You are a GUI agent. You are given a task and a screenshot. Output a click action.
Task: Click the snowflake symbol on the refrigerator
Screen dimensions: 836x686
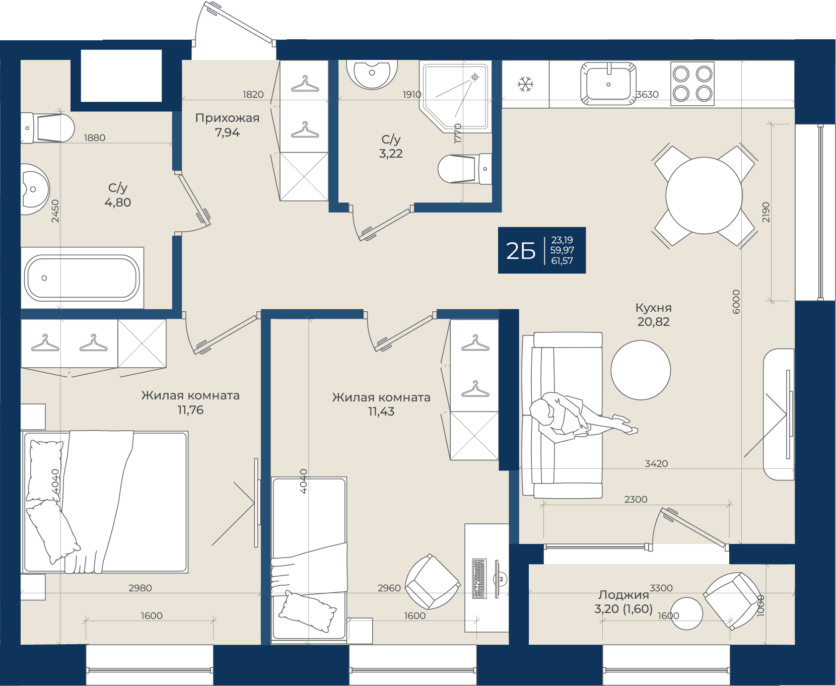[x=525, y=84]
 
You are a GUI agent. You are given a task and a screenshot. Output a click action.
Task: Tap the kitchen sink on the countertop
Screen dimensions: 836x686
[x=608, y=84]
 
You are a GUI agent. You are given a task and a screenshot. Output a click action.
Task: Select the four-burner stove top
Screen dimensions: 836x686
[x=692, y=84]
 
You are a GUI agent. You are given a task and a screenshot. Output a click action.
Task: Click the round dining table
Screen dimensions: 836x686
[x=704, y=195]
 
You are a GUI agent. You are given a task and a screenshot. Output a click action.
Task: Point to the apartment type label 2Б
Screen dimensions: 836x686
[x=521, y=251]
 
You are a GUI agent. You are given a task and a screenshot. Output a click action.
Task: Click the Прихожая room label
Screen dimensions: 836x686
[x=227, y=118]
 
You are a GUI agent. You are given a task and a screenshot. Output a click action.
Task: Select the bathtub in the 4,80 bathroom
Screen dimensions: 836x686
[x=82, y=278]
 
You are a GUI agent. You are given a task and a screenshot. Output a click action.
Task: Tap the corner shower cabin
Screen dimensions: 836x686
[x=456, y=96]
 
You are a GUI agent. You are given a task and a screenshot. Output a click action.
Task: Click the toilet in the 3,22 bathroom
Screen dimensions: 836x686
[x=465, y=168]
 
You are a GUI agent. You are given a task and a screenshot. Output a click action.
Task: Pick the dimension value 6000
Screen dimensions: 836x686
[x=736, y=302]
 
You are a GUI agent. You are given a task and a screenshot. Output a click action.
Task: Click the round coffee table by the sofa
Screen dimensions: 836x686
[x=641, y=370]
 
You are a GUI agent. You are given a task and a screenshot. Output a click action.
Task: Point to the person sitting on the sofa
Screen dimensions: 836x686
[x=579, y=417]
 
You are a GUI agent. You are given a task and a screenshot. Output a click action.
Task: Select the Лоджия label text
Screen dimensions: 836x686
[x=623, y=595]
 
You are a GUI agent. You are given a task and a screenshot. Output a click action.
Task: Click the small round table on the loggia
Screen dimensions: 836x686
[x=687, y=613]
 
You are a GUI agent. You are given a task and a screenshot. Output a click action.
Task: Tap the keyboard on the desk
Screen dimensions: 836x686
[x=479, y=578]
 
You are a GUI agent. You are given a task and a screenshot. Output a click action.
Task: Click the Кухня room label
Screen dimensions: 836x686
[x=653, y=308]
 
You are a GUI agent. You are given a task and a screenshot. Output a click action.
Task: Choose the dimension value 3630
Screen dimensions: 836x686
[x=648, y=94]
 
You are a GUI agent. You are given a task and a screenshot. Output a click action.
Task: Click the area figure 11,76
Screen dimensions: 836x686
[x=190, y=410]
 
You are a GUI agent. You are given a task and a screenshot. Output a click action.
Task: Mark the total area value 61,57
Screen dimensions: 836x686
[x=562, y=261]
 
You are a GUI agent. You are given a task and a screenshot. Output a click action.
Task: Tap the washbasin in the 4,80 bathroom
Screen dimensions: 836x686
[x=34, y=189]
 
